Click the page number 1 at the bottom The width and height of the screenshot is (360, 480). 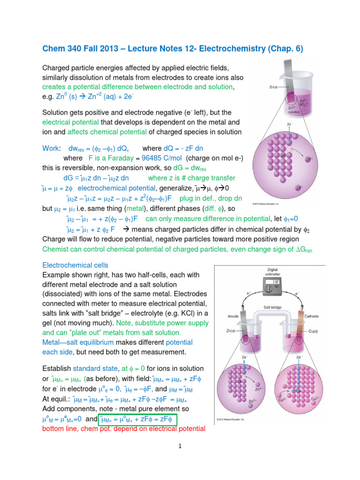[x=180, y=447]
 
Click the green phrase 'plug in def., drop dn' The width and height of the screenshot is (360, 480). [x=208, y=198]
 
